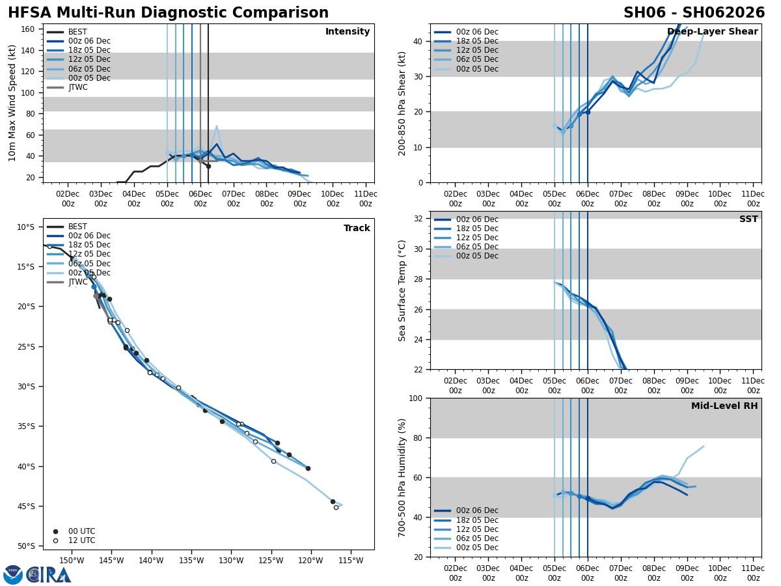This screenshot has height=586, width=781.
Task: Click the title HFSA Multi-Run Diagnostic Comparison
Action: [168, 13]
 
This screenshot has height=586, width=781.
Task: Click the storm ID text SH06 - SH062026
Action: [694, 13]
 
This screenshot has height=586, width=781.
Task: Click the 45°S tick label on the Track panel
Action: [25, 506]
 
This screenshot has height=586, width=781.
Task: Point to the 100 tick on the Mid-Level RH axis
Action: [417, 398]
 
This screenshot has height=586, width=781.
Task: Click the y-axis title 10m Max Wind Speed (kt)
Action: [12, 103]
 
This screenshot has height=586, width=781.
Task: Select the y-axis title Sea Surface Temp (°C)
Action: [402, 290]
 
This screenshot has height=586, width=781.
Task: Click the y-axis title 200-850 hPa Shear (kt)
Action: [402, 103]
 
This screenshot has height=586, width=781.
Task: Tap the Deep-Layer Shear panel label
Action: [712, 32]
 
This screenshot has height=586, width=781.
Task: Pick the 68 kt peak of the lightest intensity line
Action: [217, 126]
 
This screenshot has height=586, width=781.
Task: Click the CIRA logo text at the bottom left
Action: [48, 574]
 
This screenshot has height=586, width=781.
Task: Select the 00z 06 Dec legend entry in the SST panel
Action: [477, 219]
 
